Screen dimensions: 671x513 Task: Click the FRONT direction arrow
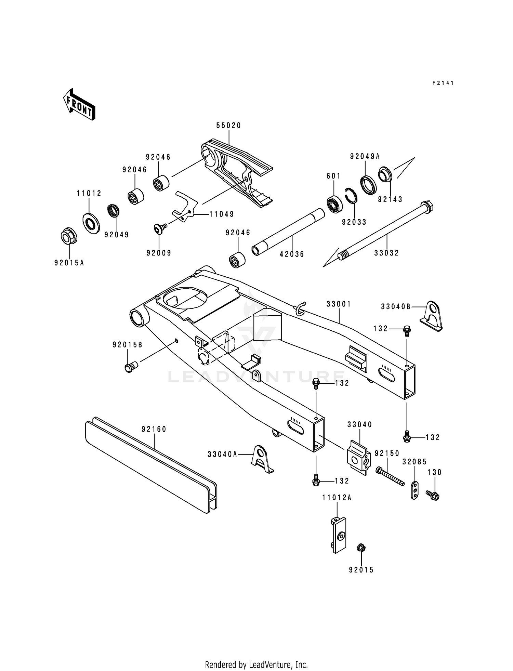click(79, 104)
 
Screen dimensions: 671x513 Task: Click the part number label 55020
click(228, 126)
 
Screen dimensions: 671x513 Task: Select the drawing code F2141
click(443, 83)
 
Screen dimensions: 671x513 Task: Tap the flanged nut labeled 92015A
click(69, 236)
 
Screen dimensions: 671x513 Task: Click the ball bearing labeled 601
click(334, 204)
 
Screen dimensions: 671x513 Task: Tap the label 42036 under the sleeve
click(292, 254)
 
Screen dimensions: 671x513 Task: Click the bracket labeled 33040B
click(432, 316)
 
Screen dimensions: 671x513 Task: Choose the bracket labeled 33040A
click(261, 459)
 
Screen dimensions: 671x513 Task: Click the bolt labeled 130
click(433, 495)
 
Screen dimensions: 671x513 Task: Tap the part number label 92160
click(154, 429)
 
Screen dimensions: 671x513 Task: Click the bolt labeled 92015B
click(130, 367)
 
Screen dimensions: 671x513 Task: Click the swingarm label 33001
click(338, 304)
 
